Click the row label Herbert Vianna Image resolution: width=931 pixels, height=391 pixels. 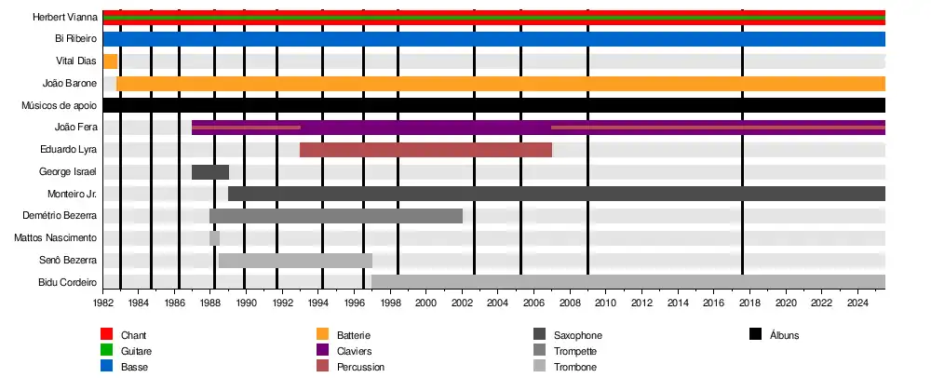click(65, 17)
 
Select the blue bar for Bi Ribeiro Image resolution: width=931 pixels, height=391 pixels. click(493, 39)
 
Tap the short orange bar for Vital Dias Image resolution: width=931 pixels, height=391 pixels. click(110, 61)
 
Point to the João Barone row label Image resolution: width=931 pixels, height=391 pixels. click(70, 84)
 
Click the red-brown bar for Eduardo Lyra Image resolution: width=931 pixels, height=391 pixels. click(425, 150)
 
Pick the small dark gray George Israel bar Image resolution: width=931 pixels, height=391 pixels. click(210, 172)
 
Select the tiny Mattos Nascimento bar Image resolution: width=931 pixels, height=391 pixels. click(215, 238)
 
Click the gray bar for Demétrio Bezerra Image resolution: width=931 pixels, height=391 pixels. click(336, 216)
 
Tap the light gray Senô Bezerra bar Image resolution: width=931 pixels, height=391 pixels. click(295, 261)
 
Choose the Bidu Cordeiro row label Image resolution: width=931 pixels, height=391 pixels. click(67, 282)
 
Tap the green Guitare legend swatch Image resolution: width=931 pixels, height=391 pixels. click(107, 351)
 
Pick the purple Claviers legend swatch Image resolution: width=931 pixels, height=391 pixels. click(323, 351)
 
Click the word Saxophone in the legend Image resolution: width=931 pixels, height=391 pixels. click(577, 335)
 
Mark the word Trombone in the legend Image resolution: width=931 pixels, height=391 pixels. click(574, 367)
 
